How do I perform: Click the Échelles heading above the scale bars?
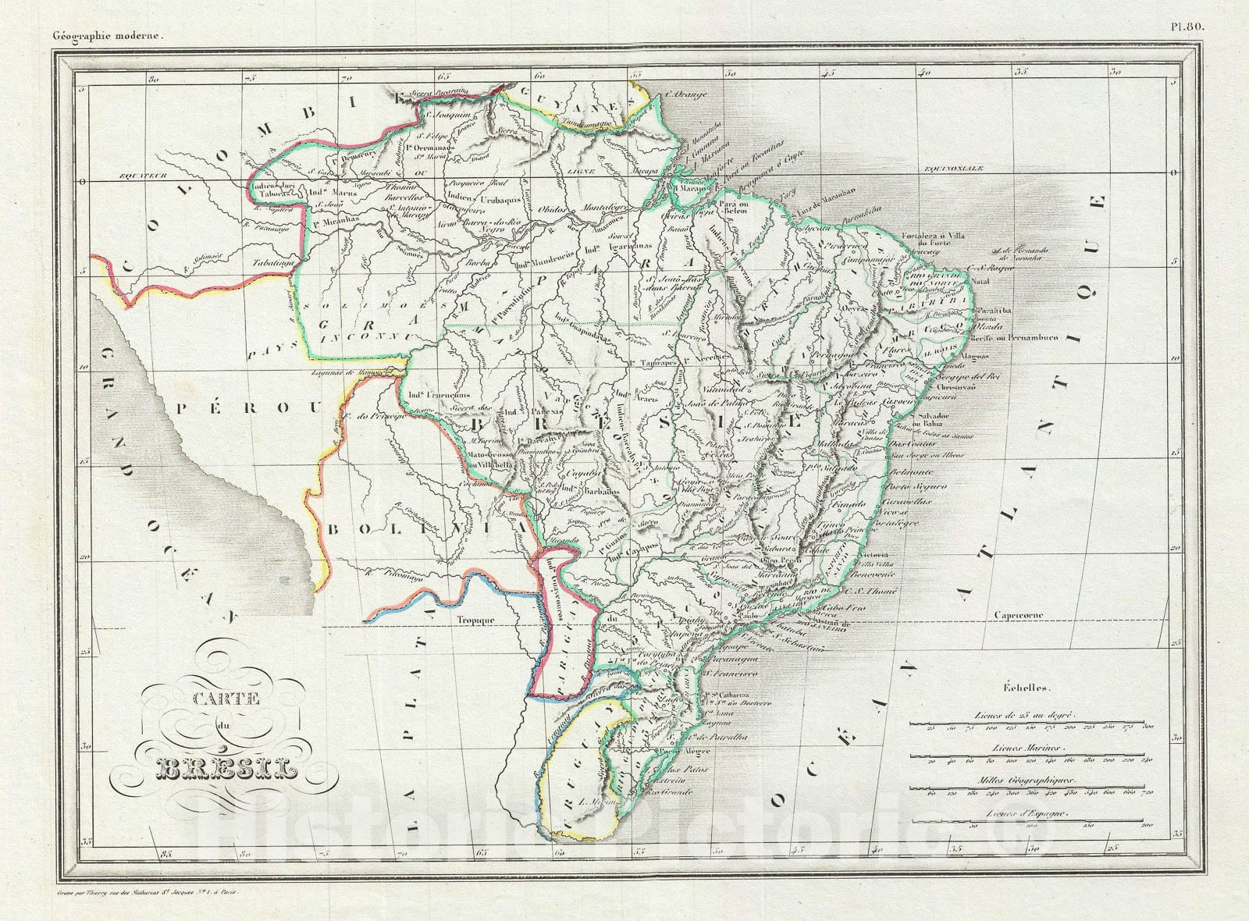point(1028,688)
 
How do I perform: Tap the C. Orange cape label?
point(688,96)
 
